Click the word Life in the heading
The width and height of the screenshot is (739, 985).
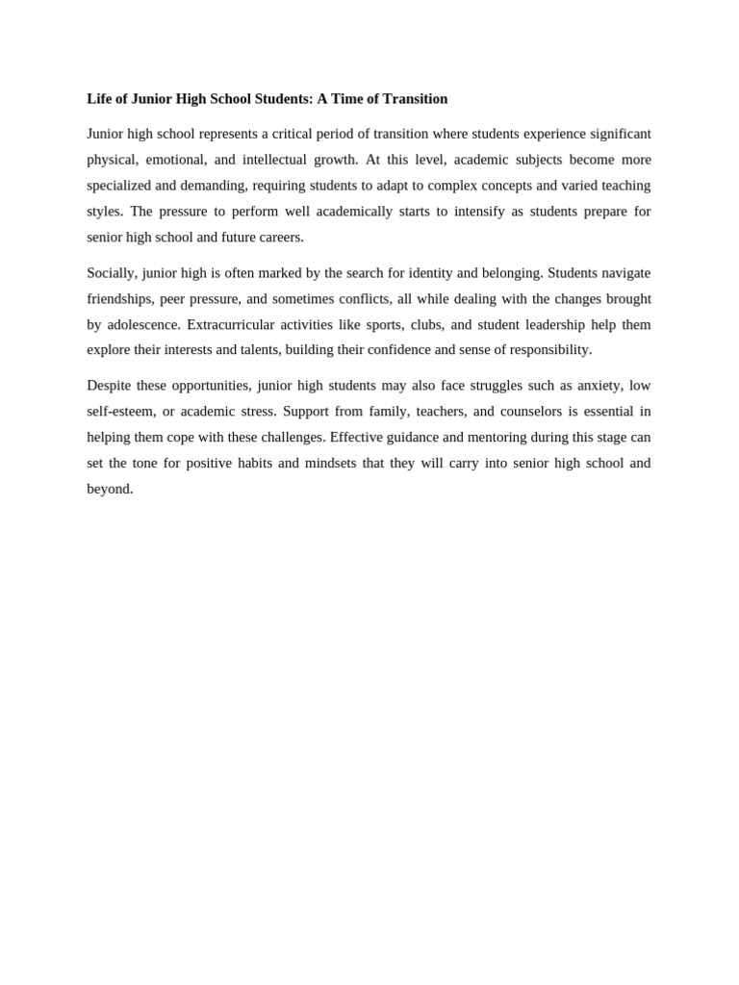[99, 99]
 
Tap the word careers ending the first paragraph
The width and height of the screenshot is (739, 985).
[280, 238]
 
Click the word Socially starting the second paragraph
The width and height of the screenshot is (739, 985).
[111, 273]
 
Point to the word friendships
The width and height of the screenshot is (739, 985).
[119, 299]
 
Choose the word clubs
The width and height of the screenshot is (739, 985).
[426, 325]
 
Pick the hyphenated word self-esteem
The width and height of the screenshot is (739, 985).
[119, 412]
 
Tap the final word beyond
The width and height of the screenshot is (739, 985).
[109, 490]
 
